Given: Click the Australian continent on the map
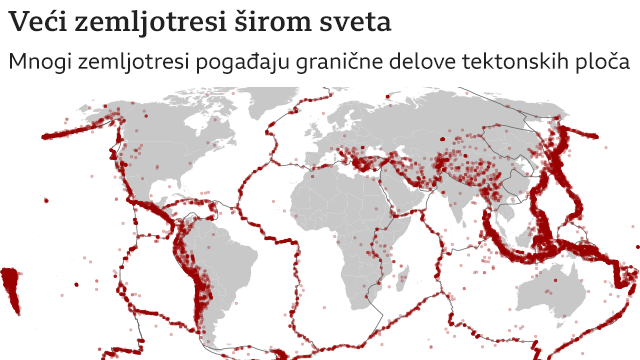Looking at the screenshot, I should coord(566,290).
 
